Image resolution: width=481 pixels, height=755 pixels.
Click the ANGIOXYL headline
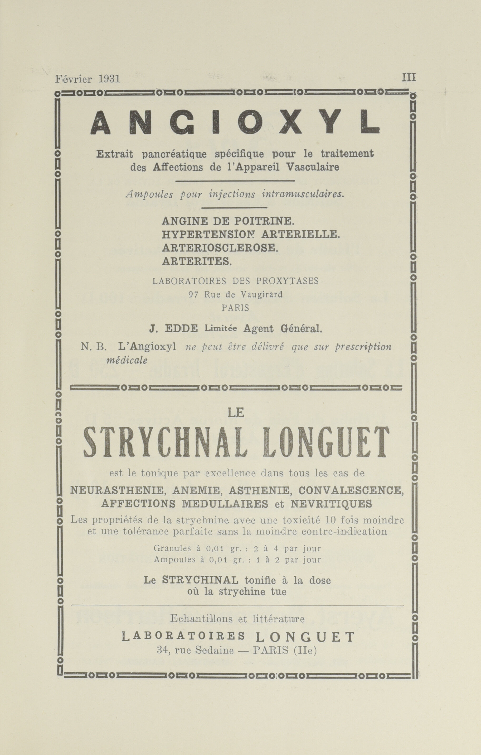(x=235, y=122)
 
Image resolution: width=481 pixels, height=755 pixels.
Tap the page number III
(x=409, y=78)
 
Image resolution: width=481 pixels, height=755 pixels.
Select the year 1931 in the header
(x=109, y=78)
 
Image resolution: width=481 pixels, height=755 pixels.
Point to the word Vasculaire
(x=313, y=167)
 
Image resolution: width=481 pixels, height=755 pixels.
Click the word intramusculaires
(x=303, y=194)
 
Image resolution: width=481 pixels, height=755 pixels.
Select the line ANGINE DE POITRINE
(x=228, y=221)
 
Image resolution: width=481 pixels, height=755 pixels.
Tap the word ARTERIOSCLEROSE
(x=220, y=248)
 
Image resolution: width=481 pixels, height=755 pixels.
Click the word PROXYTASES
(x=287, y=281)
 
